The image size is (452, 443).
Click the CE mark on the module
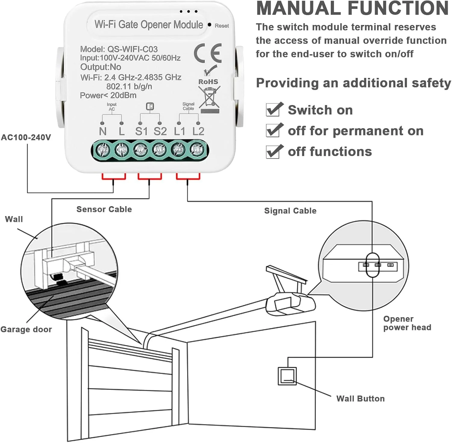pos(208,53)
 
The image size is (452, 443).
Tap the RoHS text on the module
pos(208,82)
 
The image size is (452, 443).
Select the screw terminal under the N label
pos(102,149)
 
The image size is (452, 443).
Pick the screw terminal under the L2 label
pos(197,149)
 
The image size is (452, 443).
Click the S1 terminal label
pos(141,131)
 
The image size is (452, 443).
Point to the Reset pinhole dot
pos(209,25)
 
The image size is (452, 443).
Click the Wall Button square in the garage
pos(287,376)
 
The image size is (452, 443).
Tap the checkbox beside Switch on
pos(273,110)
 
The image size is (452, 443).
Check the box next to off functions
pos(273,152)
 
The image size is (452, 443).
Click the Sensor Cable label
pos(104,209)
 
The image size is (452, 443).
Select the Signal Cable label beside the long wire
pos(290,211)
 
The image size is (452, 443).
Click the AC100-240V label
pos(26,138)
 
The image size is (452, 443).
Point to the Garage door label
pos(26,329)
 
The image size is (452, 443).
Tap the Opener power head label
pos(407,323)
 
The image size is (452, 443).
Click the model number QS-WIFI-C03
pos(133,49)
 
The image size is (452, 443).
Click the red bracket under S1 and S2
pos(149,177)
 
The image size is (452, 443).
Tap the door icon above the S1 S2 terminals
pos(150,106)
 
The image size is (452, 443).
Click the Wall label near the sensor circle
pos(14,219)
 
